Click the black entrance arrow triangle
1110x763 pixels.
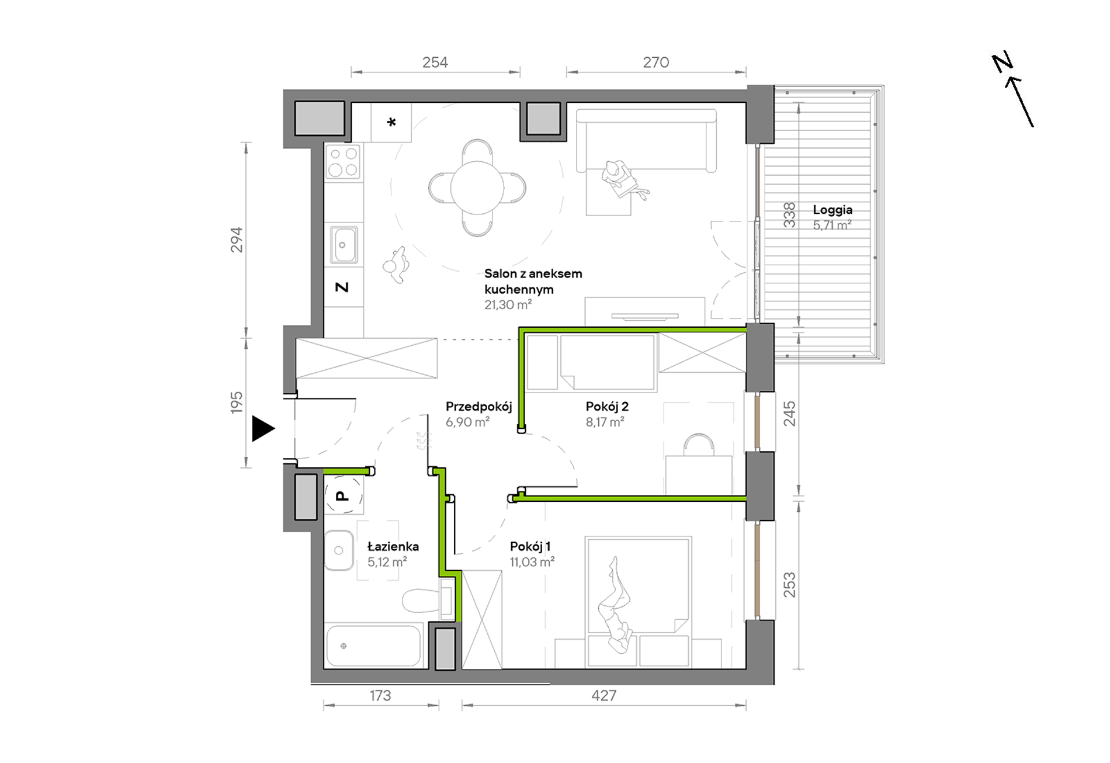(x=262, y=428)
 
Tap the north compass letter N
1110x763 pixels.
(x=1003, y=62)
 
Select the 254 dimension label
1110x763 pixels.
(x=435, y=63)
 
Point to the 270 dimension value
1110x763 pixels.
(x=656, y=63)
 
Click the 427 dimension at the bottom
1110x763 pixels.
(x=603, y=695)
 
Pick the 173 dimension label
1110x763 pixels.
(x=380, y=695)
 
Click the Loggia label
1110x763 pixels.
(x=832, y=210)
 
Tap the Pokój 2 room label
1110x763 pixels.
(x=607, y=406)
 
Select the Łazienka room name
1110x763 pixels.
(x=393, y=546)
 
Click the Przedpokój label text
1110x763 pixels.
(x=478, y=407)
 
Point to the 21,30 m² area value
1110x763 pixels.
(x=508, y=304)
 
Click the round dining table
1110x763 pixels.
(x=477, y=188)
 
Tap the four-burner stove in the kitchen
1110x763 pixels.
(x=343, y=162)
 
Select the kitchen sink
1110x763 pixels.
(x=344, y=245)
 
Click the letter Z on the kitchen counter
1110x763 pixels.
(x=342, y=287)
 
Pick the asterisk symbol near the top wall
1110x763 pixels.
(x=391, y=122)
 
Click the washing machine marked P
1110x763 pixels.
(x=344, y=495)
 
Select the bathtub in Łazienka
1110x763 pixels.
(x=374, y=646)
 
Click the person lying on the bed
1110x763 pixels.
(x=615, y=605)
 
